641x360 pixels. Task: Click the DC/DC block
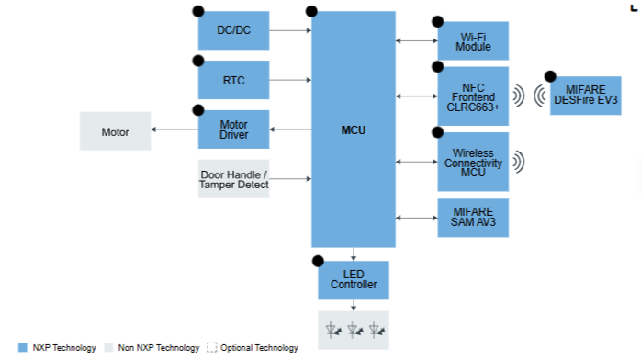click(233, 30)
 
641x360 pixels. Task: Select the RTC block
click(233, 80)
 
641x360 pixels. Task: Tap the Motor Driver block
click(233, 129)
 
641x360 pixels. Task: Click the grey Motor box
click(116, 131)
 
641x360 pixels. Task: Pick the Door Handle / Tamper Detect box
click(233, 179)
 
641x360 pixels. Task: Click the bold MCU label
click(354, 130)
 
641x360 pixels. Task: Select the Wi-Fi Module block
click(473, 40)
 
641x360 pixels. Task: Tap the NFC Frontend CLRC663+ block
click(473, 96)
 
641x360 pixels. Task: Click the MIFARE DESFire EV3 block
click(585, 96)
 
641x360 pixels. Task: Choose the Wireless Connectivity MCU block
click(473, 162)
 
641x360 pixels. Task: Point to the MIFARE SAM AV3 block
click(473, 218)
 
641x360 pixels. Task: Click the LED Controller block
click(354, 280)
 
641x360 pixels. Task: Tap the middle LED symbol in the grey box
click(354, 330)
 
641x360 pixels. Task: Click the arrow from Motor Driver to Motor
click(174, 129)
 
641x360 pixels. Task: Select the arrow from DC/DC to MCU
click(290, 30)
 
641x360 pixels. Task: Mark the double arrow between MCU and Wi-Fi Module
click(417, 40)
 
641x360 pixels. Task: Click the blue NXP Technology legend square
click(23, 348)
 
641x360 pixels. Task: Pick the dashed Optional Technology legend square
click(212, 348)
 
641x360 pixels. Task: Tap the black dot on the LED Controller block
click(318, 261)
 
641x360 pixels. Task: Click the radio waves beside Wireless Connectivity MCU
click(519, 162)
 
